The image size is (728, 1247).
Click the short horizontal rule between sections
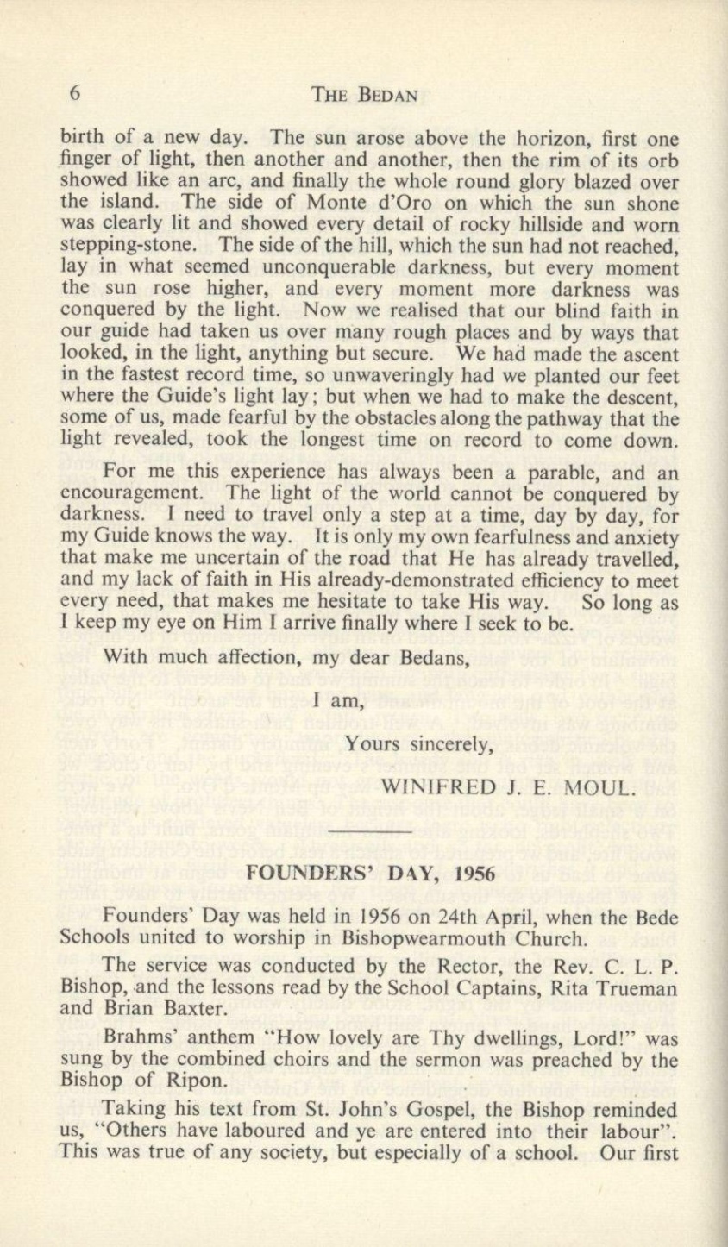click(372, 831)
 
